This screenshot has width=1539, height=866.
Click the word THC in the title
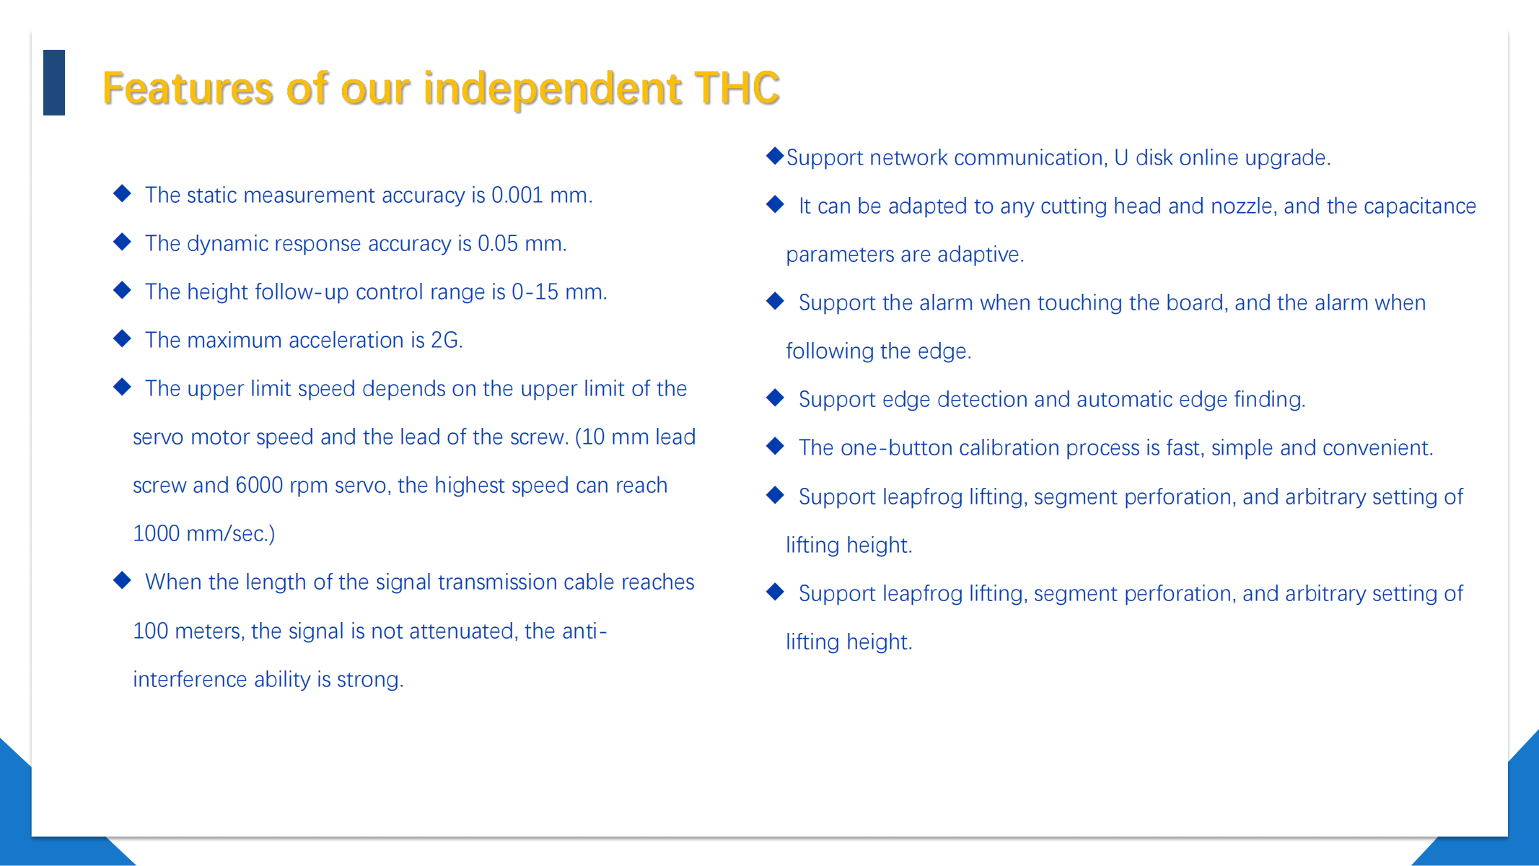point(737,88)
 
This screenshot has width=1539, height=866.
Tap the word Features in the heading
point(188,88)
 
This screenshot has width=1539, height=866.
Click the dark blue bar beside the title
point(54,82)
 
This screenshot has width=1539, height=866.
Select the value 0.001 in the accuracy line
point(517,195)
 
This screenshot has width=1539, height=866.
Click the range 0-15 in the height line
point(535,292)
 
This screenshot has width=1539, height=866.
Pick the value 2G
point(447,340)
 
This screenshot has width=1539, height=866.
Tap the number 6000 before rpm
point(259,485)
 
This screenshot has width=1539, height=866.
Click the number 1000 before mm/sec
point(157,533)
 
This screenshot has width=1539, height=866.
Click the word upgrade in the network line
point(1288,158)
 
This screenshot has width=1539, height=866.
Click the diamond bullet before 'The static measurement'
point(123,193)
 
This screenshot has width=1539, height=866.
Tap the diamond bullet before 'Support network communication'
point(775,155)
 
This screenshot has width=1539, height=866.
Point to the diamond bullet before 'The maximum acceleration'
point(123,338)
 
